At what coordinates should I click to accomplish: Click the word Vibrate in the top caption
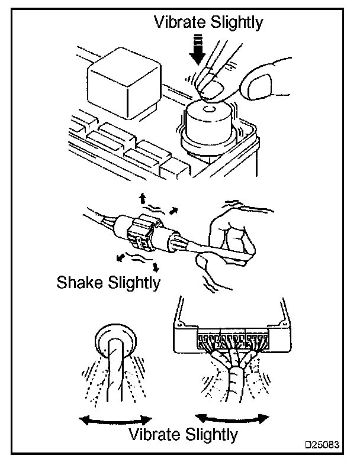coord(180,22)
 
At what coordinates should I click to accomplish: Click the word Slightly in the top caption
coord(237,23)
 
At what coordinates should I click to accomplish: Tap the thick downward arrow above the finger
coord(199,49)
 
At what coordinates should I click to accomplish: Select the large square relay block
coord(124,83)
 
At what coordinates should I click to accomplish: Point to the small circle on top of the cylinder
coord(210,110)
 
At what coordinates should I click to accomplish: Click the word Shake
coord(80,283)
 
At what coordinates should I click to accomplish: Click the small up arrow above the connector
coord(143,199)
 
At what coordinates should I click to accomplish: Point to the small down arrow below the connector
coord(156,267)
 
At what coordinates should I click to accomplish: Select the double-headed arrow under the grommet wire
coord(115,421)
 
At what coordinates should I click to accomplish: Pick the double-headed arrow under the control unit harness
coord(232,419)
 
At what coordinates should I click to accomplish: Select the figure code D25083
coord(322,445)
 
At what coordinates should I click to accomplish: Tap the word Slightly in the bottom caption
coord(212,435)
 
